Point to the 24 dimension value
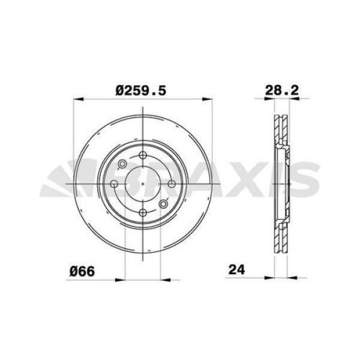(237, 270)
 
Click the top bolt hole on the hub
(143, 157)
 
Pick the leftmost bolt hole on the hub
(115, 184)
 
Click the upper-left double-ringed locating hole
(123, 164)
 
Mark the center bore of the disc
(143, 184)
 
